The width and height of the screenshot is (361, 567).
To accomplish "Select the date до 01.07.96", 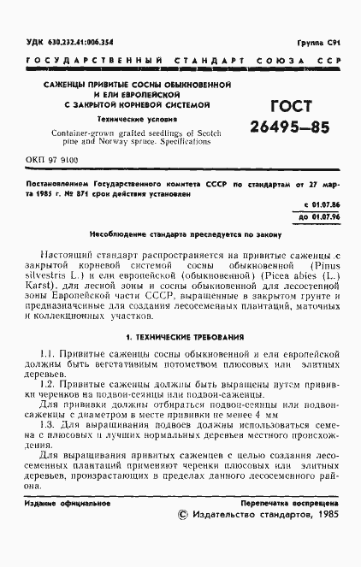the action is (320, 218).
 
